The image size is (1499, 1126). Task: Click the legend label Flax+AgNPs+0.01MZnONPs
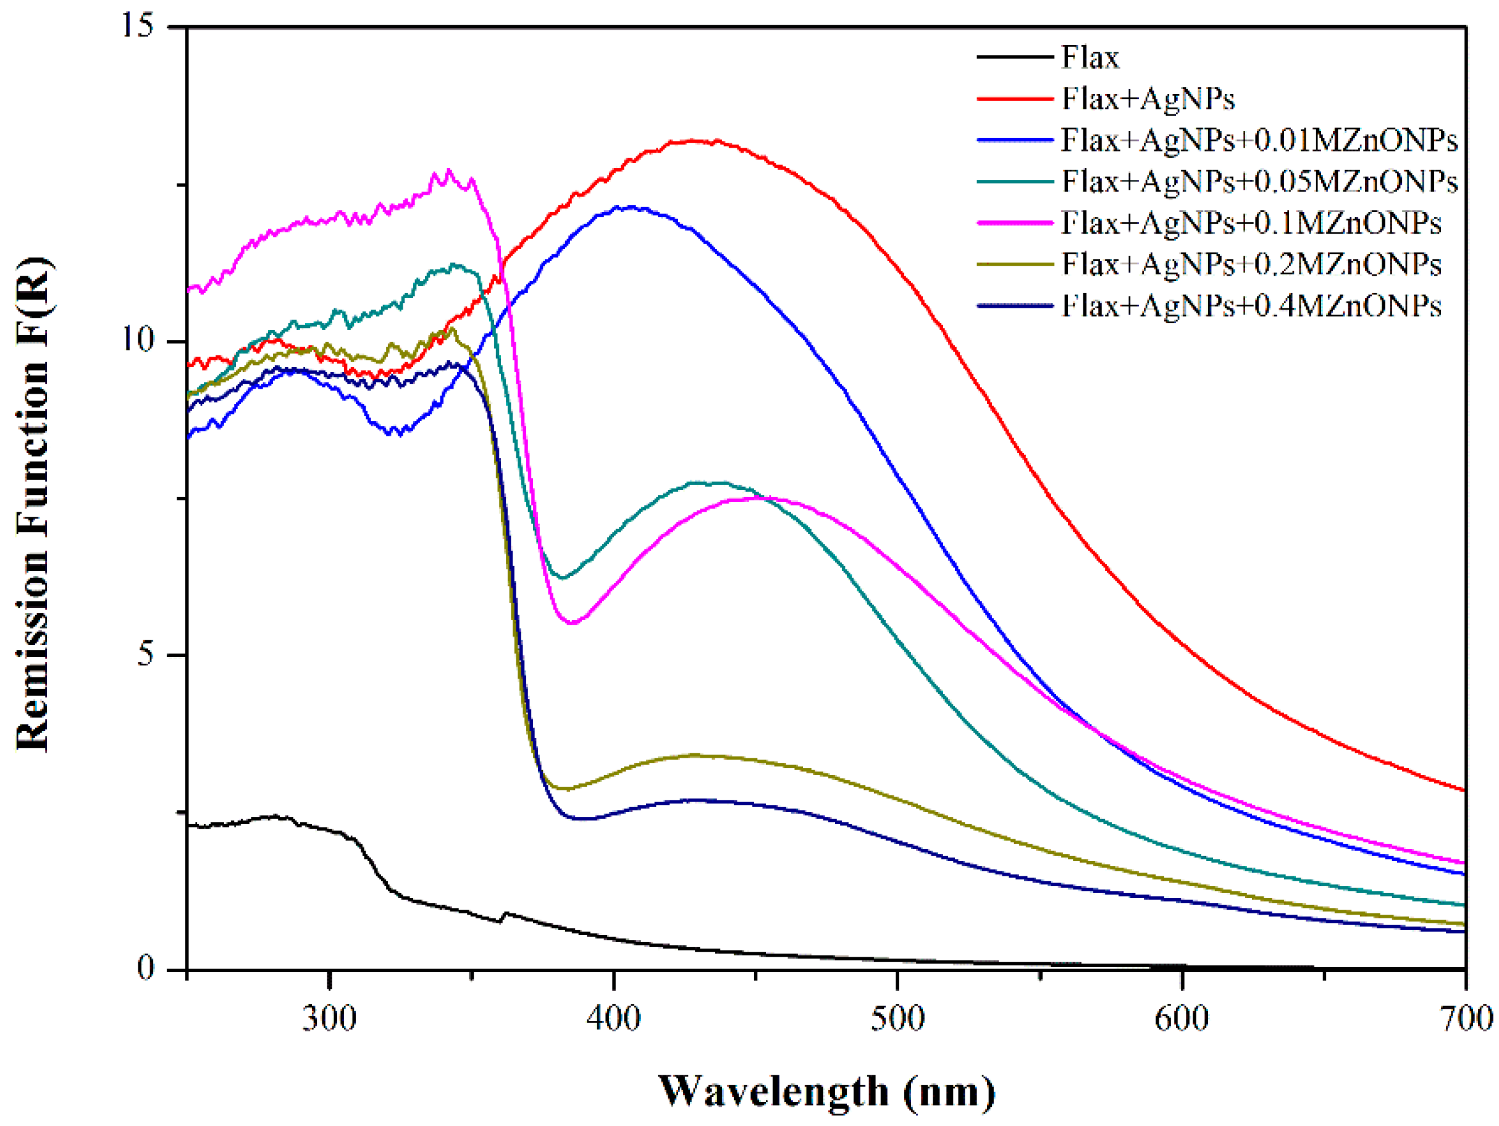tap(1258, 140)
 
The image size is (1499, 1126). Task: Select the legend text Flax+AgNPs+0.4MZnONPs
tap(1250, 306)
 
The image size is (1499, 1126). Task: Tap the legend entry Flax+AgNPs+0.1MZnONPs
tap(1250, 223)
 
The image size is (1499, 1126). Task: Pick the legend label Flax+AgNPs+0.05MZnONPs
tap(1258, 182)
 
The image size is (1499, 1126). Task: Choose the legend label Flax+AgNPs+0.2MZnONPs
tap(1250, 265)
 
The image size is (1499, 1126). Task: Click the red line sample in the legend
tap(1015, 99)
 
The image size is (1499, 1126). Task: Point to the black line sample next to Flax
tap(1015, 57)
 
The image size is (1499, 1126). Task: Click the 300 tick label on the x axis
tap(329, 1018)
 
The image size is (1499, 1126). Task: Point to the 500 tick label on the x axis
tap(897, 1018)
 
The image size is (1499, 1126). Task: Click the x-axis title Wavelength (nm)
tap(827, 1092)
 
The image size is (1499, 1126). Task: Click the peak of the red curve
tap(695, 140)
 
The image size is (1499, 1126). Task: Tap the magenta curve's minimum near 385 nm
tap(573, 622)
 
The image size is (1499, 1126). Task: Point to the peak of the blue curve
tap(632, 207)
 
